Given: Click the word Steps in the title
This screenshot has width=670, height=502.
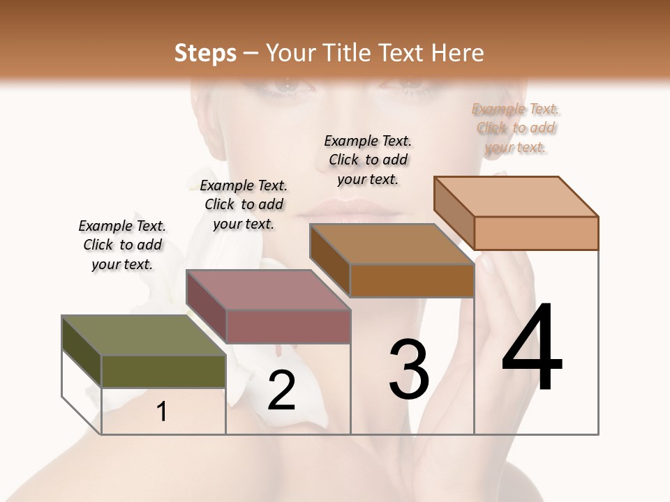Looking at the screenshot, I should coord(205,53).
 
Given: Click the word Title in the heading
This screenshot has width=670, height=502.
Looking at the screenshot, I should coord(350,53).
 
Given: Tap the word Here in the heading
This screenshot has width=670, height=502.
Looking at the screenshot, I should coord(457,53).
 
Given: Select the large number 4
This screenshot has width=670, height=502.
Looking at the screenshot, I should coord(532,349).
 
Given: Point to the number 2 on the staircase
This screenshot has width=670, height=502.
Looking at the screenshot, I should coord(281,390).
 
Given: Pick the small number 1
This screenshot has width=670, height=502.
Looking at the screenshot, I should coord(162,411).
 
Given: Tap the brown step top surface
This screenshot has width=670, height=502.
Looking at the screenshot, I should coord(392,243).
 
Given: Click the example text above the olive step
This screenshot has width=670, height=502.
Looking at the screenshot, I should coord(122,245).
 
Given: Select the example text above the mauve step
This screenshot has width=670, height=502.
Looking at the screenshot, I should coord(244,204).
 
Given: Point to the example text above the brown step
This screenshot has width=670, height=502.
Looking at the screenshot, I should coord(368,160).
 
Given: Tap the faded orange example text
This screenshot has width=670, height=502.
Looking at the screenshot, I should coord(516,128).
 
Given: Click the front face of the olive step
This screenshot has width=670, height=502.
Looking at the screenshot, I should coord(163,371).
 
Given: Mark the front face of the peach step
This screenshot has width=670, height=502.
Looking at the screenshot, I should coord(536,233).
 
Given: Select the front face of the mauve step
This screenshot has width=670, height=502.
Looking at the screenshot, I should coord(288,326).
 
